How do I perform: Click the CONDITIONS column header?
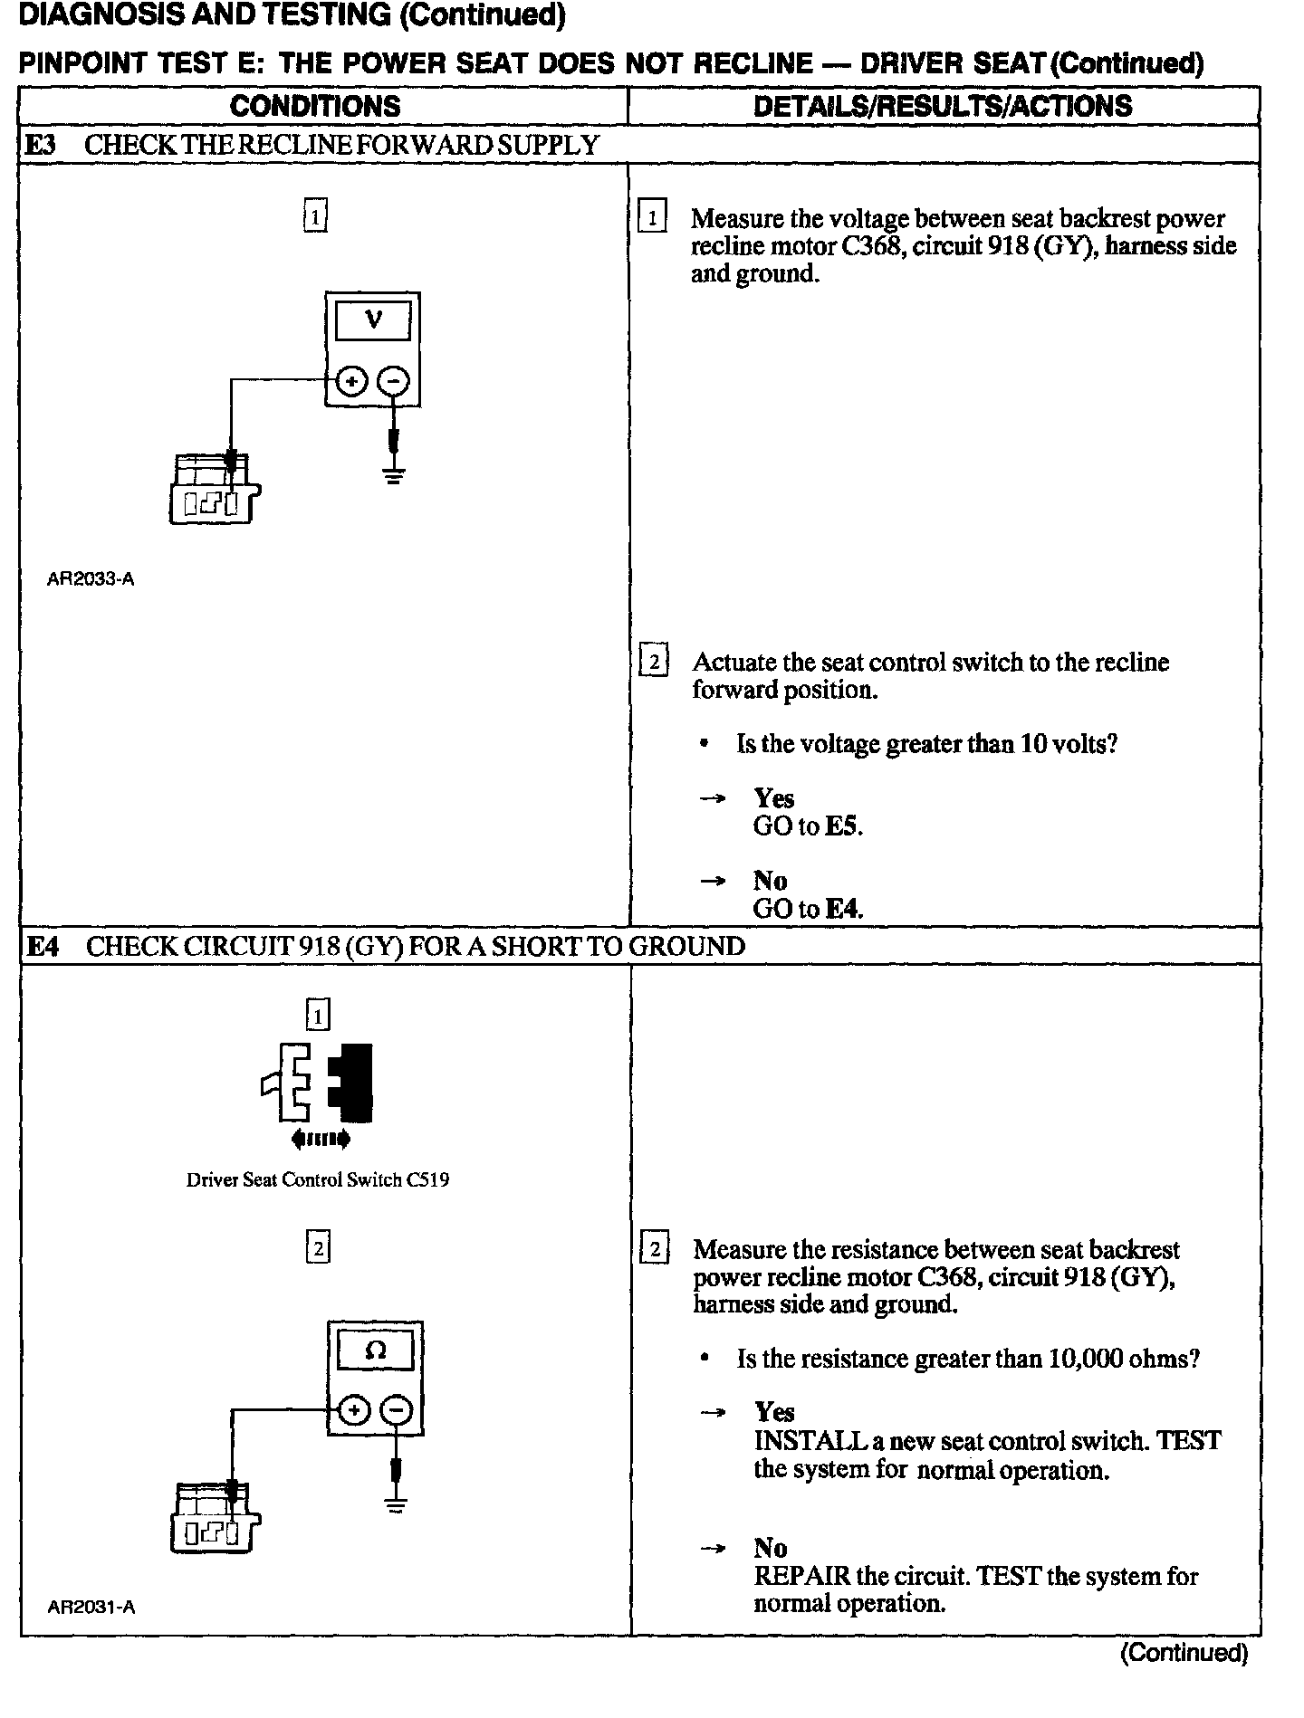point(315,106)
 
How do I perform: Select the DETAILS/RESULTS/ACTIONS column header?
point(943,106)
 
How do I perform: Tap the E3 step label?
point(42,145)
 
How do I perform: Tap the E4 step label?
point(43,947)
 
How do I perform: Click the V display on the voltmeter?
point(373,320)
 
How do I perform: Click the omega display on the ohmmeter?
point(375,1351)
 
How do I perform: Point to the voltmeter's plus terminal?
point(351,381)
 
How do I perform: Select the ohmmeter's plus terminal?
point(354,1410)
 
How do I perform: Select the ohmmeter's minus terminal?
point(396,1410)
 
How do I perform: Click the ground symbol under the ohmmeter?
point(396,1505)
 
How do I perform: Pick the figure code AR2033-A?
point(91,579)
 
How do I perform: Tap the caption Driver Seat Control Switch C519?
point(317,1180)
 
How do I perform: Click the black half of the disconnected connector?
point(352,1083)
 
